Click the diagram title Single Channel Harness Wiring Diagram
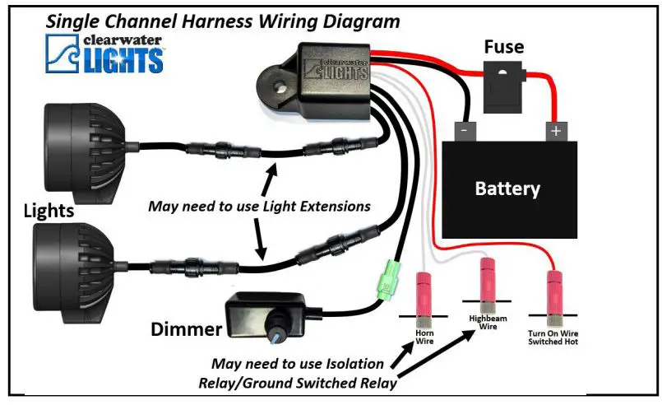(223, 20)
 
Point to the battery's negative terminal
(466, 130)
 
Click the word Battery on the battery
(507, 189)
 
